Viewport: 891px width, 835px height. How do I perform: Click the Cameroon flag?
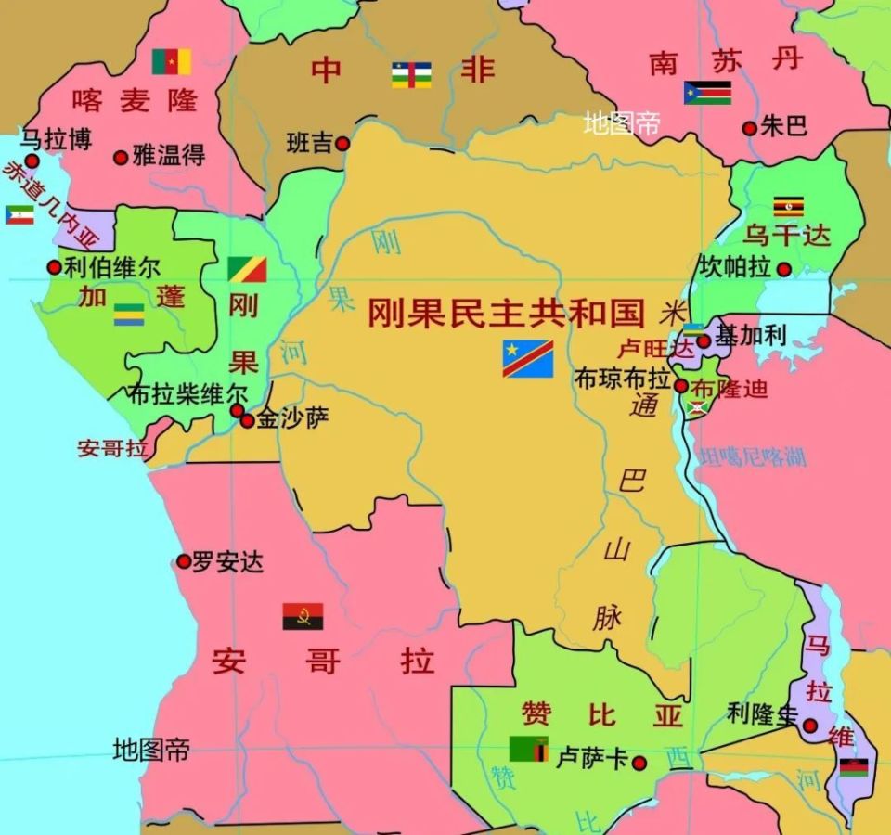172,61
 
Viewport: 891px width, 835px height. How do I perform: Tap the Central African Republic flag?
411,74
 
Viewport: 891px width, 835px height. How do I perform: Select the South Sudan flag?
707,93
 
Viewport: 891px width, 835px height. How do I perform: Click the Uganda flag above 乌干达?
788,206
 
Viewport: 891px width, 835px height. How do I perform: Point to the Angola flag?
303,617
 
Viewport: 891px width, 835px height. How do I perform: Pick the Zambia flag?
528,748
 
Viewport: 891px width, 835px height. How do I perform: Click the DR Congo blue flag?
528,358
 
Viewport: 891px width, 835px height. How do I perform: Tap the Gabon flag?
129,315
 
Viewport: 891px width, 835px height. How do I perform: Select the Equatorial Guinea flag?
19,214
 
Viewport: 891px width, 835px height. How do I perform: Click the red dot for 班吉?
342,144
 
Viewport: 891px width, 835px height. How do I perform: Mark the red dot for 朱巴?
749,128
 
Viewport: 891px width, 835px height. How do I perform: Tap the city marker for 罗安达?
184,561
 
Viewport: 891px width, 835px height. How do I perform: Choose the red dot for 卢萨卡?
639,763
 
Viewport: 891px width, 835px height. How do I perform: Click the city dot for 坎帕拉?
784,270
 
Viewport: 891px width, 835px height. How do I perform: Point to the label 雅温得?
169,156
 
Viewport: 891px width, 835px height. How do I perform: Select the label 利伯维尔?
112,268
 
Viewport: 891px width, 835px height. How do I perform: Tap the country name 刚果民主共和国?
506,314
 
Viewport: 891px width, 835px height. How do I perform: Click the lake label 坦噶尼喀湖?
753,456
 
